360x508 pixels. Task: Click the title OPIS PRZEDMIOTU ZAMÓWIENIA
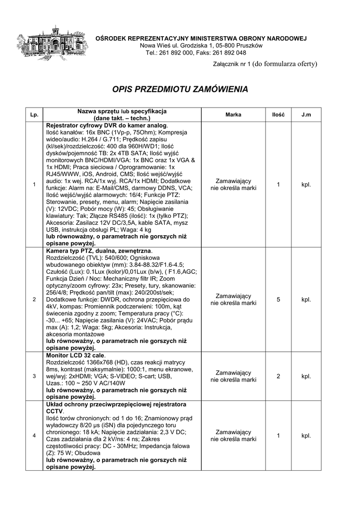180,90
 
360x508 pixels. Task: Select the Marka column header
233,115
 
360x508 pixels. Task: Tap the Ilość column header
278,115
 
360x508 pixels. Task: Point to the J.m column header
306,115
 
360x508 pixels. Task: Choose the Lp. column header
34,115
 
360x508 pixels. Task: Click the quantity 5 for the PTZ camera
278,299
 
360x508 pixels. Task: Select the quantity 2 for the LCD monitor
278,376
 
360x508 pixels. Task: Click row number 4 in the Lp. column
34,436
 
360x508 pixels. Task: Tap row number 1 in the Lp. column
34,185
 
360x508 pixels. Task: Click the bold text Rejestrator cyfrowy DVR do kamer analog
107,126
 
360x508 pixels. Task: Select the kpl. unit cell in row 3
306,376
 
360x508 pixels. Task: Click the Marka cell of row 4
233,436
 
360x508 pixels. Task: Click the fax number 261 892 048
228,53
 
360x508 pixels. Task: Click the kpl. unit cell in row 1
306,185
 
